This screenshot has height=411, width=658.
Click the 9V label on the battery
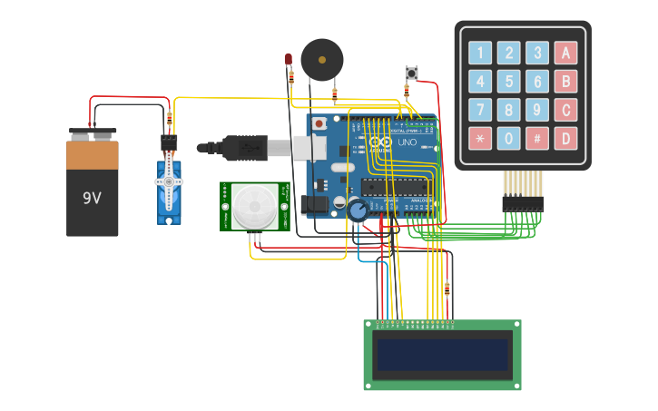[92, 197]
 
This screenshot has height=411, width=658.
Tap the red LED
[289, 60]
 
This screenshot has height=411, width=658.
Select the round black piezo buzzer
[322, 60]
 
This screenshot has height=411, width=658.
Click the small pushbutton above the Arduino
[411, 73]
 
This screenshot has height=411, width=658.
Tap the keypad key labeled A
[565, 53]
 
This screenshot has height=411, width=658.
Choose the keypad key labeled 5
[509, 82]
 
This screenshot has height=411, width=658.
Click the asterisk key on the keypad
[480, 139]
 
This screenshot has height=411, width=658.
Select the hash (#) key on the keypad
[537, 139]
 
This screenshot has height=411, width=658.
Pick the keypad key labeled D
[565, 139]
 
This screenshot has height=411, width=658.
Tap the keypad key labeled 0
[509, 139]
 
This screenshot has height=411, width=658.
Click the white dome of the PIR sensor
[253, 207]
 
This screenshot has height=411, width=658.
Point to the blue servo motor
[169, 191]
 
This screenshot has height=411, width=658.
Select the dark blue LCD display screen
[442, 355]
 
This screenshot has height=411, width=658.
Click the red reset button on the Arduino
[319, 122]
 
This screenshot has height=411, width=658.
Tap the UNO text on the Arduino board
[407, 142]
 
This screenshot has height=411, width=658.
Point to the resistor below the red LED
[290, 78]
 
